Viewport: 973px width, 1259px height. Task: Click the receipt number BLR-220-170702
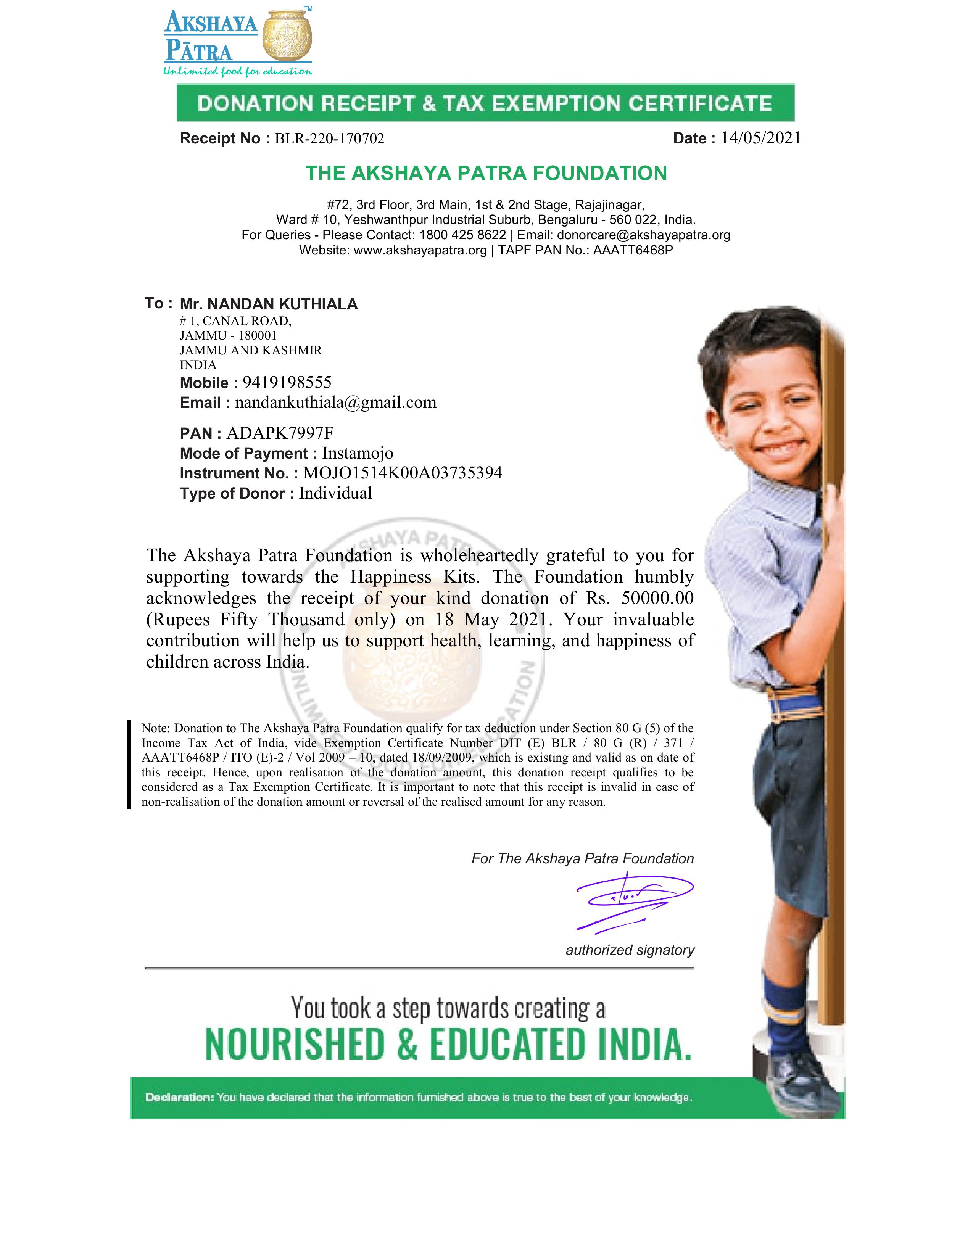pos(329,139)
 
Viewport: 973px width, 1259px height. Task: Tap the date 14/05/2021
pos(760,138)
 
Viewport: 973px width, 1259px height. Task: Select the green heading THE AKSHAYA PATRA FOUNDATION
pos(486,173)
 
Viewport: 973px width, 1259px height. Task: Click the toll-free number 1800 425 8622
pos(462,235)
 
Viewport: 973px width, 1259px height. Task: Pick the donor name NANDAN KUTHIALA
pos(282,304)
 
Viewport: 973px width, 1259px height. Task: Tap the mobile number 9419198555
pos(287,382)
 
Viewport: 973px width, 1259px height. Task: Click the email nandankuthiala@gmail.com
pos(335,402)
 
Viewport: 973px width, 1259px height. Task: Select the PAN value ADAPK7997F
pos(280,433)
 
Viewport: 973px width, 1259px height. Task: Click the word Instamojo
pos(358,453)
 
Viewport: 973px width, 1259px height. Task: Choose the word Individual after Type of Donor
pos(335,493)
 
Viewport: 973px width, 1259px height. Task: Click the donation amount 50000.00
pos(657,598)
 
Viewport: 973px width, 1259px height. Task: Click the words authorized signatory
pos(630,950)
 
